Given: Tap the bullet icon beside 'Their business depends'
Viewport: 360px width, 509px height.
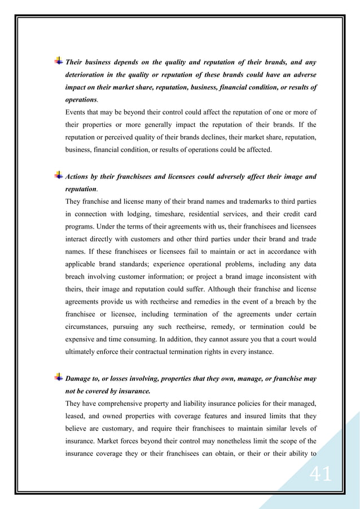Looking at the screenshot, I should tap(58, 61).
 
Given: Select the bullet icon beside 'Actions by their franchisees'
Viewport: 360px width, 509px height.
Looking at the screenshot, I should tap(58, 176).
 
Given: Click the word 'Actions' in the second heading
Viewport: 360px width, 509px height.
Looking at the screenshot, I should tap(80, 177).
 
